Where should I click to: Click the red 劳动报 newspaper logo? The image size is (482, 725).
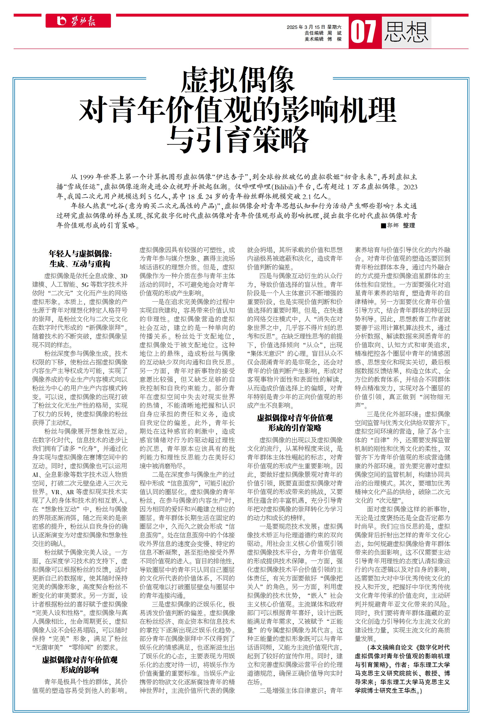pos(78,21)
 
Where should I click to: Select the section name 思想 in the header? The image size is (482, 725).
pos(406,32)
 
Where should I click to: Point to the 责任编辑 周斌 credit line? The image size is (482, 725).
pos(323,33)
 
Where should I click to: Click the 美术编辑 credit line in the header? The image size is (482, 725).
pos(323,39)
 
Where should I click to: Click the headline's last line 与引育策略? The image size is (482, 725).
pos(238,139)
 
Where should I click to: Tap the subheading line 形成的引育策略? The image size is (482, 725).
pos(295,428)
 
